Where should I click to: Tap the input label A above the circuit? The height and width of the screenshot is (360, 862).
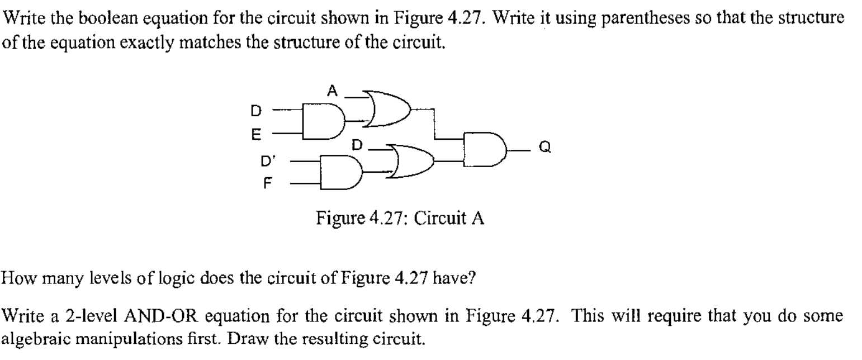(333, 91)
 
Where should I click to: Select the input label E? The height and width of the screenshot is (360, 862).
(255, 134)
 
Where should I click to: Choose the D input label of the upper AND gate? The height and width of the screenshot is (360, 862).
(255, 111)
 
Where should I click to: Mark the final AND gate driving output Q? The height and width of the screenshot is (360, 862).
(484, 149)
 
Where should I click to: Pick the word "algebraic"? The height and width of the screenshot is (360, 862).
(40, 339)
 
